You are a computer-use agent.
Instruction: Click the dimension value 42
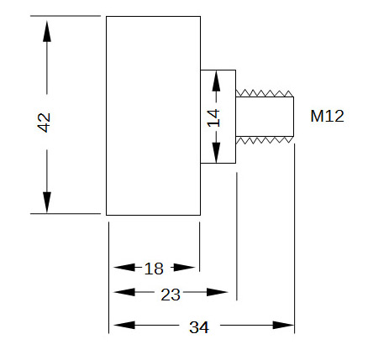[44, 123]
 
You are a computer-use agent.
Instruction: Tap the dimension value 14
[213, 118]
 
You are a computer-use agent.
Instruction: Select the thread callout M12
[327, 116]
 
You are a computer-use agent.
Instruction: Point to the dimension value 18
[154, 269]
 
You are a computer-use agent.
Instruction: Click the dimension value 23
[171, 295]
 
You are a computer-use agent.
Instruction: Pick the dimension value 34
[199, 327]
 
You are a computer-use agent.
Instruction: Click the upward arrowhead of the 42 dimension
[47, 31]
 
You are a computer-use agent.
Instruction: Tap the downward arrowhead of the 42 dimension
[47, 202]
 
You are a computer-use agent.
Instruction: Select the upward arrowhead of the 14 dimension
[216, 81]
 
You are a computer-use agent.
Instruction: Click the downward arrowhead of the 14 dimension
[216, 153]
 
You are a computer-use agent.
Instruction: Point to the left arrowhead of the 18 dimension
[124, 268]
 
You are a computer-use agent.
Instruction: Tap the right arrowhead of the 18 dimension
[184, 268]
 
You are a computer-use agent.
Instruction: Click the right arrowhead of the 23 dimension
[217, 292]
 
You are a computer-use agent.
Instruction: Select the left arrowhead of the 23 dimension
[124, 292]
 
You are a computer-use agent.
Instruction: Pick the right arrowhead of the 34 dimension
[283, 325]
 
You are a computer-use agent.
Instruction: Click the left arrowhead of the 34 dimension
[124, 325]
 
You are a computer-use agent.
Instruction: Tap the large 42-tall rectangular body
[153, 116]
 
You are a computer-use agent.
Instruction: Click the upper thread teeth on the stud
[265, 93]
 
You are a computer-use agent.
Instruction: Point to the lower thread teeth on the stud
[265, 140]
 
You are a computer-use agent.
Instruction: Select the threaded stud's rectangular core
[265, 117]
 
